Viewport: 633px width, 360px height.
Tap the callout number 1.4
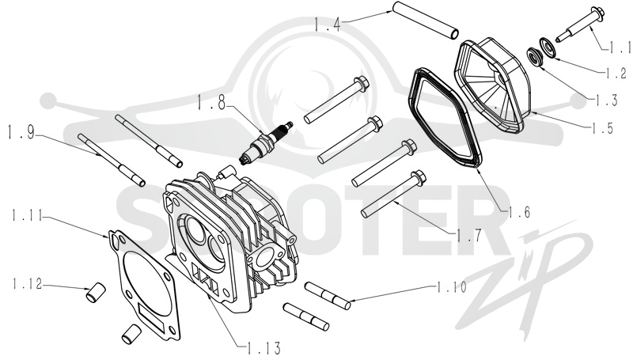click(x=328, y=25)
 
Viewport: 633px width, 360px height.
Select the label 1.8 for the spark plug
click(x=210, y=103)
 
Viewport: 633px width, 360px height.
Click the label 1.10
click(x=451, y=287)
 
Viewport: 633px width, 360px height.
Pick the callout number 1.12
click(x=27, y=284)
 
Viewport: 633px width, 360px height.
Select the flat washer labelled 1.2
click(x=548, y=47)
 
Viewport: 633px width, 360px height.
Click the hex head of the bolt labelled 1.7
click(x=419, y=177)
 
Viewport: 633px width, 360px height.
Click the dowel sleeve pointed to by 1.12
click(x=96, y=293)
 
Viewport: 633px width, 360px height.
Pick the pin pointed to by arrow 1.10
click(x=328, y=296)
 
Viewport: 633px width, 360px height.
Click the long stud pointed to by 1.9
click(x=111, y=159)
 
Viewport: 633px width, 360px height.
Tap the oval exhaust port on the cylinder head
click(x=265, y=257)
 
